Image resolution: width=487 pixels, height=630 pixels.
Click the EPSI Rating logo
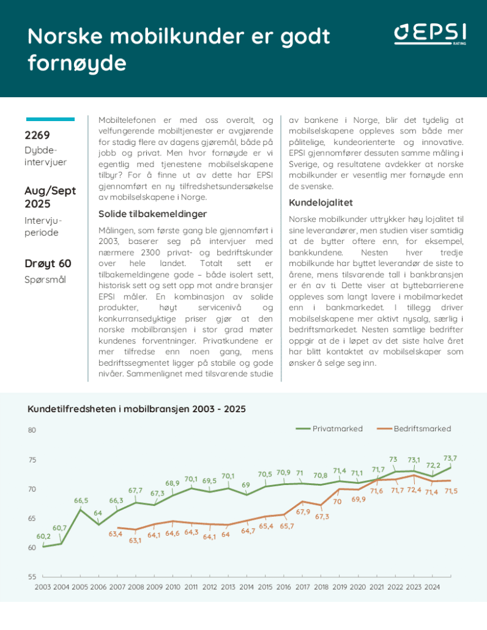pos(431,35)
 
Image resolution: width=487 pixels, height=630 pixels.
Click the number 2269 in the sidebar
pos(37,135)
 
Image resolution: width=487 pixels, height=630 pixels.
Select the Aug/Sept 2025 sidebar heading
pos(50,197)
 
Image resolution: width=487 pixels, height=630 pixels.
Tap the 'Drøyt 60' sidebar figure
pos(48,264)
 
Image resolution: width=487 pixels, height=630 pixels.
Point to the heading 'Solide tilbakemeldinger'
pos(152,213)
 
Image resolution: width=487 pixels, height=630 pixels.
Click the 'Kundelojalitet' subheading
pos(321,202)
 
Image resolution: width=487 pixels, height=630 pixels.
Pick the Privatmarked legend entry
pos(330,429)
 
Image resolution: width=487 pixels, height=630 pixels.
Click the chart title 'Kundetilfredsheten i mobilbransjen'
pos(136,409)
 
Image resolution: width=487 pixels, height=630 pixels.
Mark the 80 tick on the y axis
pos(32,430)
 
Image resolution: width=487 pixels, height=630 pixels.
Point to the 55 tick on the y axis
pos(32,577)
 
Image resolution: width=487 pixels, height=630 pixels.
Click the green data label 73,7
pos(450,458)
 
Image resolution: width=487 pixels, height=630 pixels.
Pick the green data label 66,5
pos(81,501)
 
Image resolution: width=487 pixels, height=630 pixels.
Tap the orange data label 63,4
pos(116,535)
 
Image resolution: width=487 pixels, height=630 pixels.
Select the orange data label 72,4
pos(414,491)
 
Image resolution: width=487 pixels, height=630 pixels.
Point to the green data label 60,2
pos(43,536)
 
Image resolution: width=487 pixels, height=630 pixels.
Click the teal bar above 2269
pos(51,119)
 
